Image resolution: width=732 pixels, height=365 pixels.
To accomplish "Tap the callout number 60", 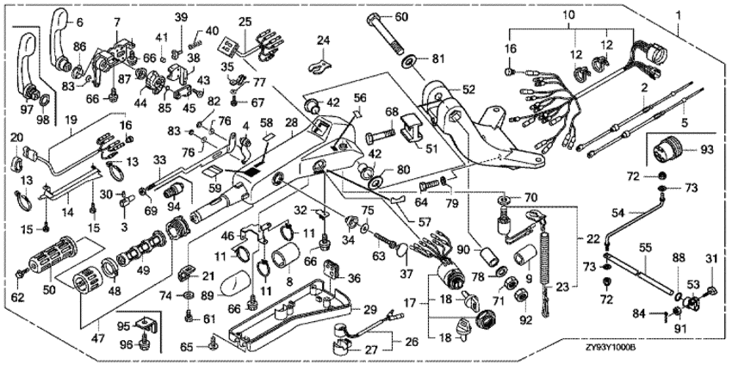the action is coord(401,17).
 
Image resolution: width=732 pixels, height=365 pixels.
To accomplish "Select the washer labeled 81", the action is coord(410,59).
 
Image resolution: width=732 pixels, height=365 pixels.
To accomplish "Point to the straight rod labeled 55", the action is coord(640,272).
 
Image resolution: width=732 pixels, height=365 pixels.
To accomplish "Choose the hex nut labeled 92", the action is coord(519,295).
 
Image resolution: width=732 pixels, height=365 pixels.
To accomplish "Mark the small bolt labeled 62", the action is coord(22,274).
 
